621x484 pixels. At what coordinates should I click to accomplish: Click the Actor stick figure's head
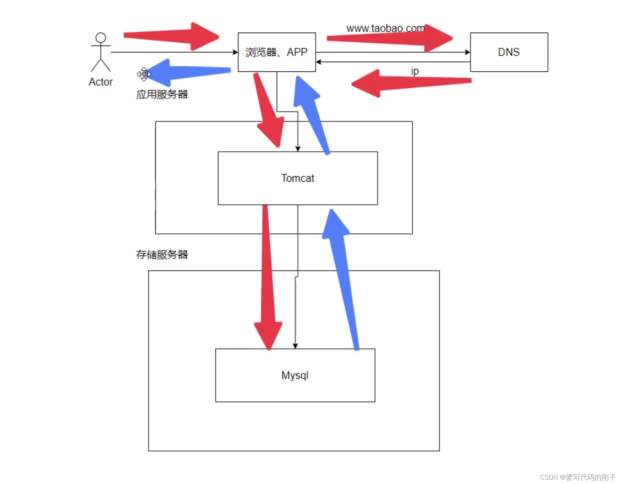coord(101,38)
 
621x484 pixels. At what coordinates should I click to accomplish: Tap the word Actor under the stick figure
coord(101,82)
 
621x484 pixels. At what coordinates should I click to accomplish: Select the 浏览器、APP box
coord(276,52)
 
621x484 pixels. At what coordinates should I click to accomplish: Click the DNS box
coord(509,52)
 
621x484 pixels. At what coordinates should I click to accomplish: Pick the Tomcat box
coord(298,178)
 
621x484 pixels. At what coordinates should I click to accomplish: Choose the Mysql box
coord(295,375)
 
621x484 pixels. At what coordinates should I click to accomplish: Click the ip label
coord(415,71)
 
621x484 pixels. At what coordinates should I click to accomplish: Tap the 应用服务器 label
coord(162,94)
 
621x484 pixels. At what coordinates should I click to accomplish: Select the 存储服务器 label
coord(162,255)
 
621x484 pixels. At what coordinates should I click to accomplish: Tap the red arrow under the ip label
coord(409,83)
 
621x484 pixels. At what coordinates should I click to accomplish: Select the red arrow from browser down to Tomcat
coord(269,111)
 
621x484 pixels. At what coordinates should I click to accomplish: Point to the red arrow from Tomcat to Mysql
coord(268,280)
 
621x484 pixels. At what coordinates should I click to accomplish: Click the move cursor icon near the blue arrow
coord(144,74)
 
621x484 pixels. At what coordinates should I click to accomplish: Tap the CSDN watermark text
coord(577,477)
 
